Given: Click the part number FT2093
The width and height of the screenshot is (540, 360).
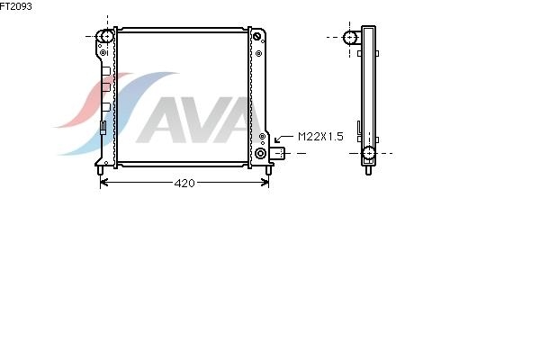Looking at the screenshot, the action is [15, 6].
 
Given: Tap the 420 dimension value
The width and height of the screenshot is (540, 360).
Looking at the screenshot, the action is [184, 184].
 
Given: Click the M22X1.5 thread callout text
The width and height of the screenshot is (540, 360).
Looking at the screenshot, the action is [320, 137].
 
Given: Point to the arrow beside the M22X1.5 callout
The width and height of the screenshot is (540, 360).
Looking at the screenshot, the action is [283, 139].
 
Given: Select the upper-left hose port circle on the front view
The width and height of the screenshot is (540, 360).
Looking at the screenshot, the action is [107, 37].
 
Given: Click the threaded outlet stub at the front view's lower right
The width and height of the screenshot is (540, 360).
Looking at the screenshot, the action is [277, 153].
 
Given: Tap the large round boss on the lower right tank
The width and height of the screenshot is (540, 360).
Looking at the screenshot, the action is [260, 153].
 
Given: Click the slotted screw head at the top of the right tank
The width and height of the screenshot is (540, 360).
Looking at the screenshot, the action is [256, 37].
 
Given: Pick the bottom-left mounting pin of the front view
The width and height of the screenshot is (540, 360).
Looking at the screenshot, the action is [100, 170].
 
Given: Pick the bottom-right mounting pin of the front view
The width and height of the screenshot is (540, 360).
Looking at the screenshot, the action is [268, 170].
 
